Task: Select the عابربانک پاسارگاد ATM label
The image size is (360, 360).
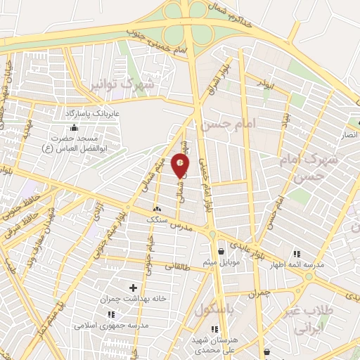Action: [87, 112]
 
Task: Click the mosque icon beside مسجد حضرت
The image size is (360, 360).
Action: [75, 127]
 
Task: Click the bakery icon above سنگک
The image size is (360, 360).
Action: [156, 209]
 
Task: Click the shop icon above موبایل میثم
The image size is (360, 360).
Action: [221, 251]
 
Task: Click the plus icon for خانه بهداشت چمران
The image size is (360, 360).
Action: [133, 287]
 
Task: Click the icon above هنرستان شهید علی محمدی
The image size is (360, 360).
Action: [214, 329]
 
